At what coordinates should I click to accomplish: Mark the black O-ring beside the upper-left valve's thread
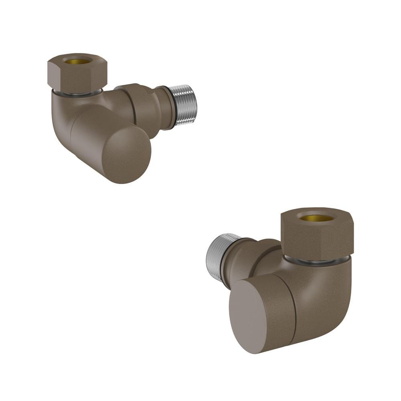click(172, 107)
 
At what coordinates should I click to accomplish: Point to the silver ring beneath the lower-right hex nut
click(317, 261)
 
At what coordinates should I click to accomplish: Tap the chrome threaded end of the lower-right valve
click(217, 257)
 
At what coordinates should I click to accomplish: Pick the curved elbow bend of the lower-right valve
click(333, 297)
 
